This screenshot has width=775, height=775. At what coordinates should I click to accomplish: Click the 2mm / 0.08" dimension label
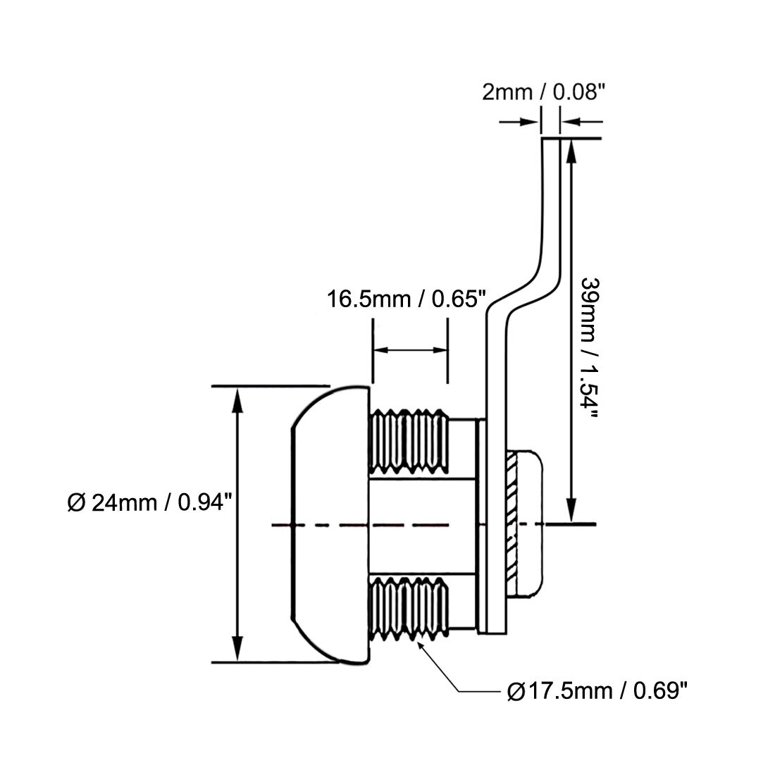(x=544, y=92)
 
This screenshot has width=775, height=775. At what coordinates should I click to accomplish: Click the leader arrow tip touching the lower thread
(x=421, y=643)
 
